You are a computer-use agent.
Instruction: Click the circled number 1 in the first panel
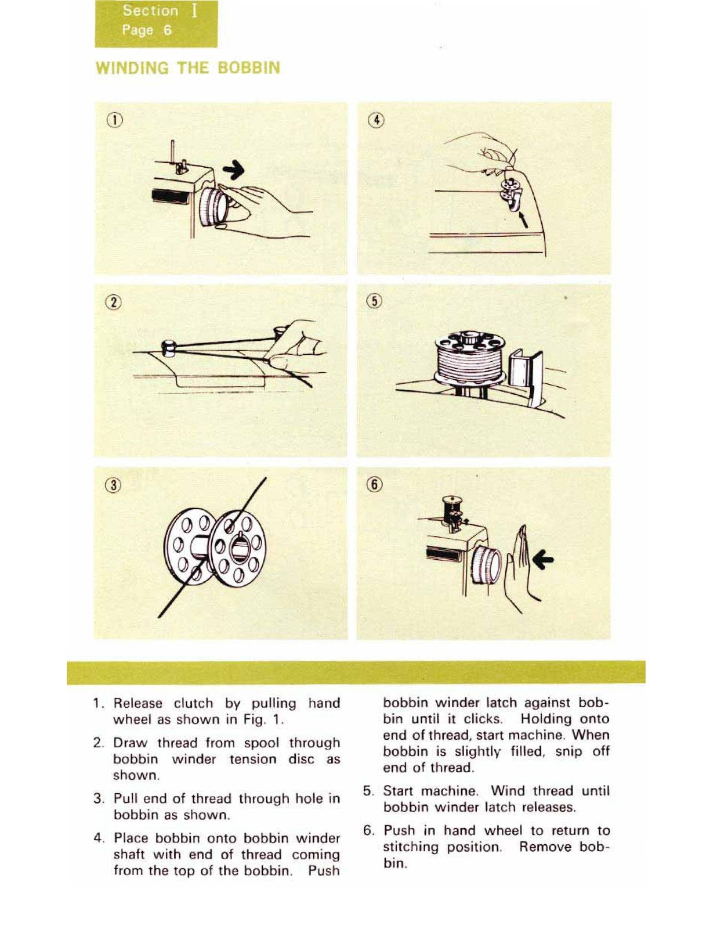tap(115, 121)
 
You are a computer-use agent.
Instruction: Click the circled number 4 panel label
tap(376, 121)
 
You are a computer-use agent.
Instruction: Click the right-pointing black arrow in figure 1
tap(234, 170)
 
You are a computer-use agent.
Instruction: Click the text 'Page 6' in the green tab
tap(147, 30)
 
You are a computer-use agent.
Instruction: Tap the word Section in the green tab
tap(150, 11)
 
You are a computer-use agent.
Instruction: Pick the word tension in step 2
tap(253, 759)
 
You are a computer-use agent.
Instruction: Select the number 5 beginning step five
tap(367, 791)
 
